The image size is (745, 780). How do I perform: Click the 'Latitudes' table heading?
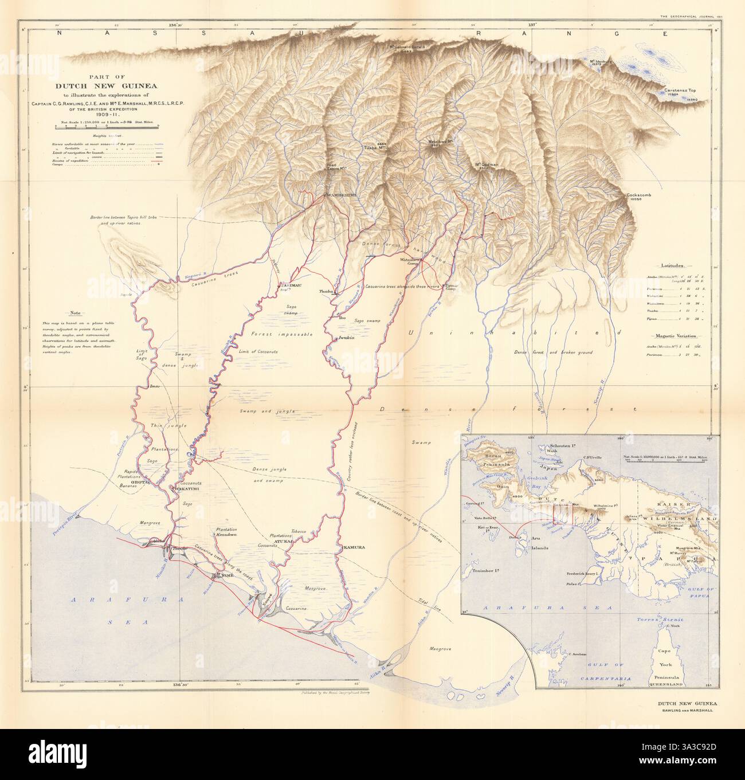tap(678, 266)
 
